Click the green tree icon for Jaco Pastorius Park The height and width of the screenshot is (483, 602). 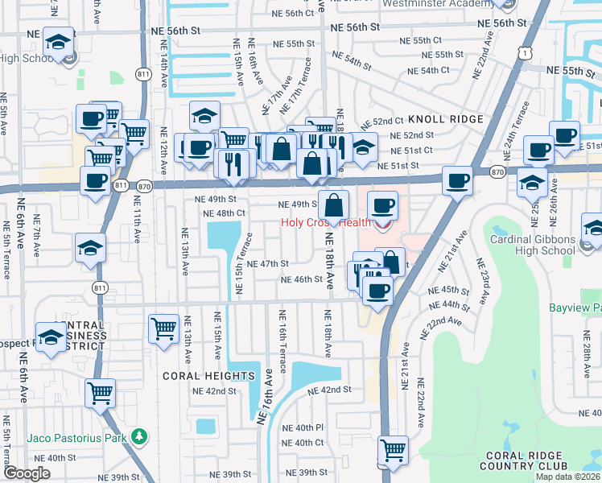pyautogui.click(x=140, y=436)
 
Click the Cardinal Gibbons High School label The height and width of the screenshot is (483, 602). pyautogui.click(x=533, y=245)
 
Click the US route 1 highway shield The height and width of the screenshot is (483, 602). pyautogui.click(x=524, y=52)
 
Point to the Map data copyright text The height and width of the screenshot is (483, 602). pyautogui.click(x=567, y=477)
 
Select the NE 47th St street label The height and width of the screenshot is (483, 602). pyautogui.click(x=267, y=264)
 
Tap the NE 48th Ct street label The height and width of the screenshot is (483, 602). pyautogui.click(x=225, y=213)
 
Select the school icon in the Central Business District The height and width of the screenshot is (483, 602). pyautogui.click(x=51, y=336)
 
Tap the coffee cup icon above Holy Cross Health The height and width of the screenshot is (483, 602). pyautogui.click(x=383, y=204)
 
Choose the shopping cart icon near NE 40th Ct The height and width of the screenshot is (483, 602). pyautogui.click(x=393, y=450)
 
